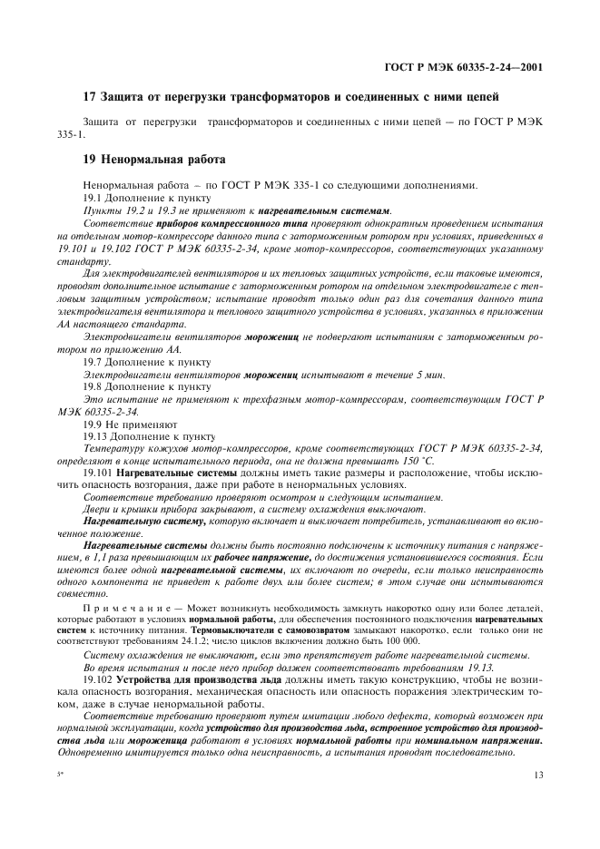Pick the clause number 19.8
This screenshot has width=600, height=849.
click(x=95, y=386)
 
